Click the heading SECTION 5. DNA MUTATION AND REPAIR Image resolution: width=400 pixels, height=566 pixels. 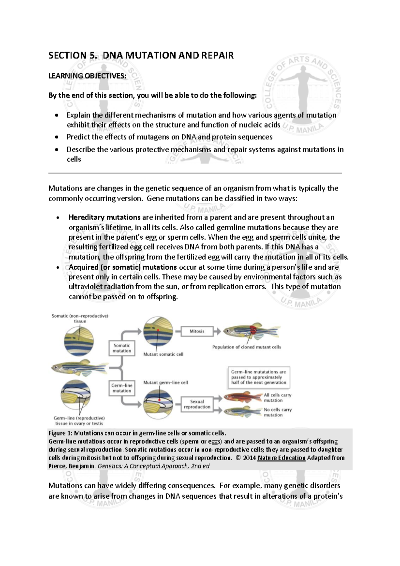click(141, 55)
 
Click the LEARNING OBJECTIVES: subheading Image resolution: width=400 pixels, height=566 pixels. click(87, 76)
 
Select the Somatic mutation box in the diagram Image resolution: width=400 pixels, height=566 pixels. click(122, 348)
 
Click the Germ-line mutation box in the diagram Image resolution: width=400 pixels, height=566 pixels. click(122, 388)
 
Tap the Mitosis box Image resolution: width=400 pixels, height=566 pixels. click(197, 331)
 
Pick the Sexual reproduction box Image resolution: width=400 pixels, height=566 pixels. click(197, 404)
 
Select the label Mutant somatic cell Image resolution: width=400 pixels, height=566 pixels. click(163, 354)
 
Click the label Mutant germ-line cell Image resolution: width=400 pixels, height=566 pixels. click(165, 382)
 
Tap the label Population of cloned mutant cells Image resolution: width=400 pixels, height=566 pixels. click(246, 347)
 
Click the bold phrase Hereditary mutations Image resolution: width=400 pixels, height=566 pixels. click(104, 217)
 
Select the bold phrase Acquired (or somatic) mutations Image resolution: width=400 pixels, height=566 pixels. click(123, 267)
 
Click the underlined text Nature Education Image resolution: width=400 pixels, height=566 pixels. click(281, 458)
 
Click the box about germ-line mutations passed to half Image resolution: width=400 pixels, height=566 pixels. click(258, 377)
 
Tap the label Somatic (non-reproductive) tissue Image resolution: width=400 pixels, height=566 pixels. click(80, 318)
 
